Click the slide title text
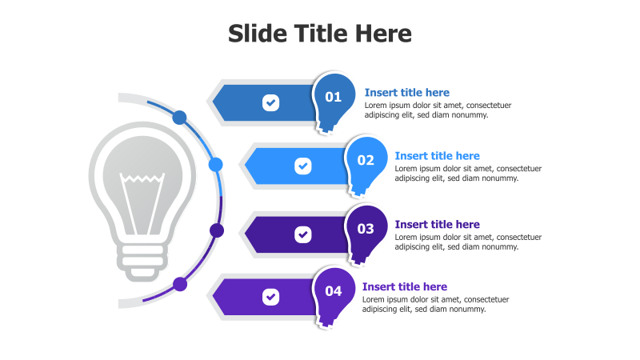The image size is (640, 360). tap(320, 34)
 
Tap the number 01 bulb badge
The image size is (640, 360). tap(333, 98)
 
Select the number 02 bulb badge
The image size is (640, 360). tap(366, 160)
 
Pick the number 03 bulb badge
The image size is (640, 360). tap(366, 229)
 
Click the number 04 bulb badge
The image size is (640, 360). tap(333, 291)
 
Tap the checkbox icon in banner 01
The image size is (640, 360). tap(271, 102)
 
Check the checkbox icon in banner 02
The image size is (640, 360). tap(302, 166)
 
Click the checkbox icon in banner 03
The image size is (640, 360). tap(302, 234)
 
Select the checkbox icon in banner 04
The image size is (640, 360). tap(271, 297)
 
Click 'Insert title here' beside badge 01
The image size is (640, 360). tap(406, 93)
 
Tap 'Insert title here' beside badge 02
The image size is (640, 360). tap(437, 156)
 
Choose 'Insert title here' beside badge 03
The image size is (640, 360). tap(437, 225)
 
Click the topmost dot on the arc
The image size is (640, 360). tap(180, 118)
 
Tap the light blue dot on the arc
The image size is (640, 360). tap(215, 165)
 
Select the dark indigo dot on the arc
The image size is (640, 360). tap(216, 230)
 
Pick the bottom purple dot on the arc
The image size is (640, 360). tap(180, 283)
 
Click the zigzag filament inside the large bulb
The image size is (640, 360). tap(142, 179)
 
